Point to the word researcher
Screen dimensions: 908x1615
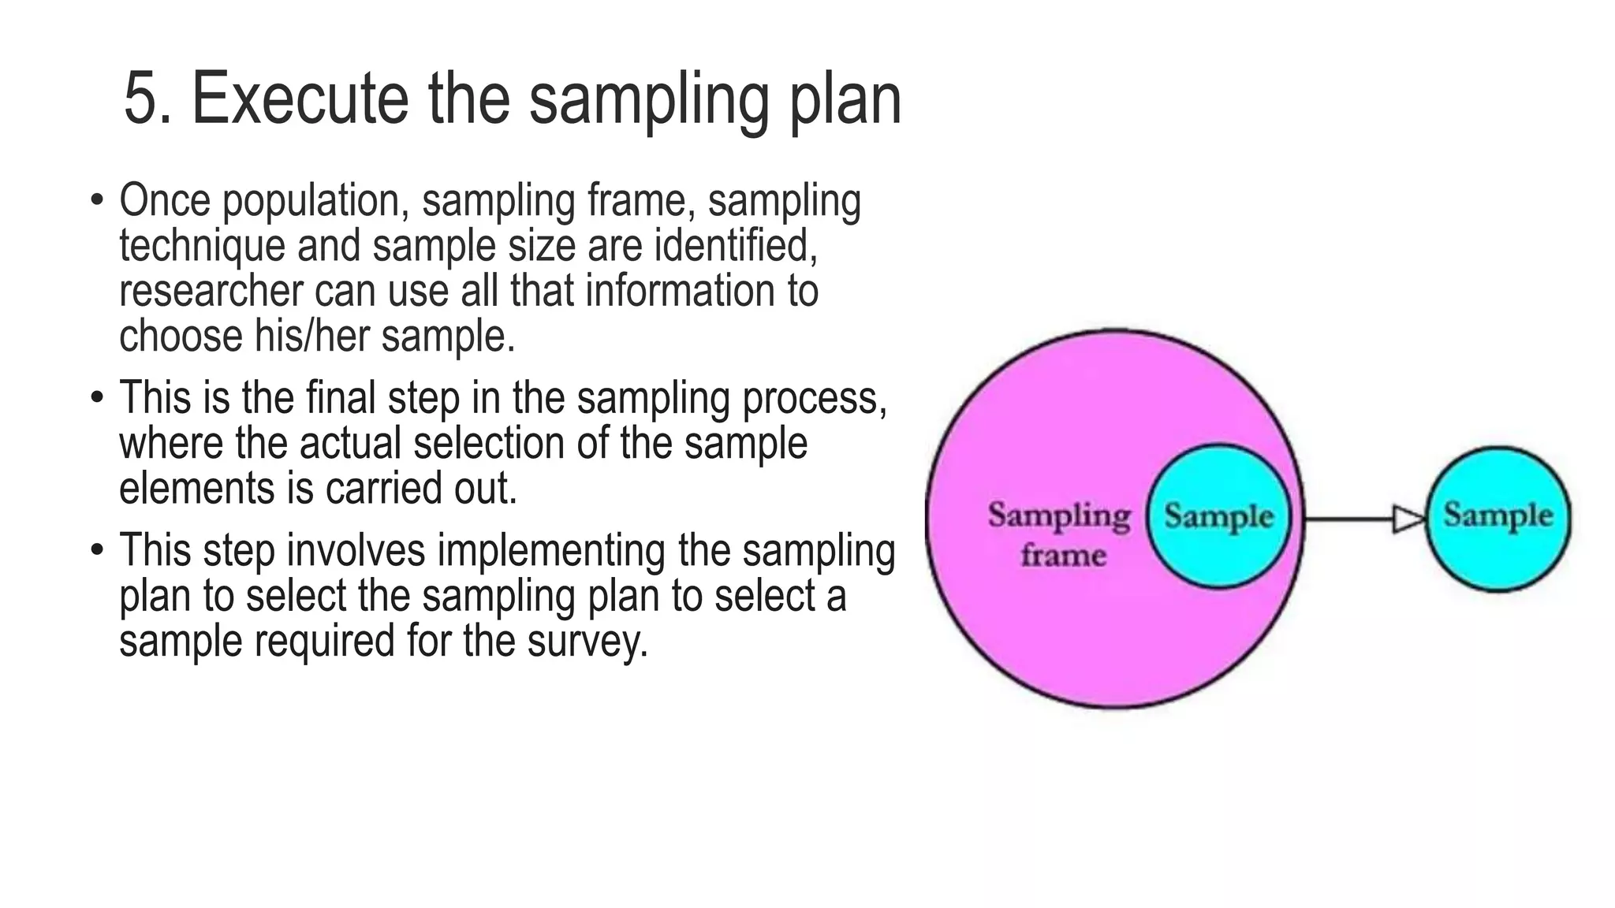[211, 291]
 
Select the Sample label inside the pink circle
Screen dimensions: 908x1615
[1218, 516]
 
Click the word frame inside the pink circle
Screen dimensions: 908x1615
[1063, 555]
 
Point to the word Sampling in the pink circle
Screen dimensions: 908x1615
[1059, 515]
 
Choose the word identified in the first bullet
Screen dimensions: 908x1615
[736, 246]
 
